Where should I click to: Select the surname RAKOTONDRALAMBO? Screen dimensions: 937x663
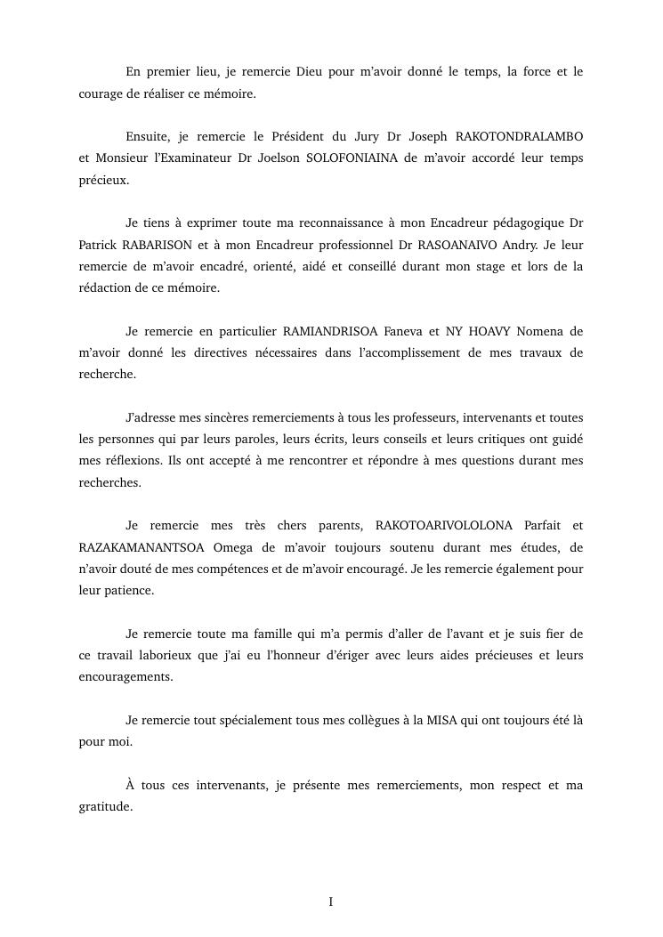pyautogui.click(x=520, y=137)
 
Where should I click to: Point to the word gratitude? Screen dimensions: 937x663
pyautogui.click(x=105, y=808)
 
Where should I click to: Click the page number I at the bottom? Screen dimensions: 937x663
pyautogui.click(x=331, y=902)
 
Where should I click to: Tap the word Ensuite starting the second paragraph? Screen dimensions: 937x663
pyautogui.click(x=148, y=137)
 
